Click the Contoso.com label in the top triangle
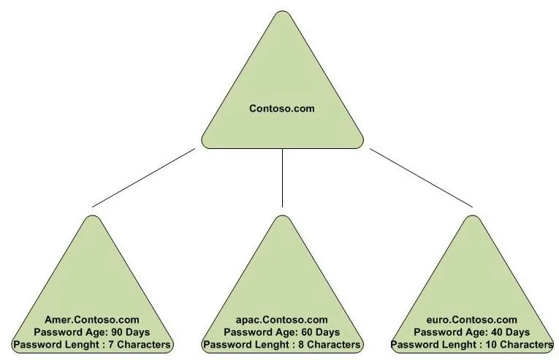[282, 108]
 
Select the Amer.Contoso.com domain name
[92, 320]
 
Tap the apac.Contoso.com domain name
[281, 320]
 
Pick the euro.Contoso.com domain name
[471, 320]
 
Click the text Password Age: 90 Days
[92, 332]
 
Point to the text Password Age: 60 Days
[281, 332]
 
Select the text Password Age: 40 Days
[471, 332]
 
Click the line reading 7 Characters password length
[92, 345]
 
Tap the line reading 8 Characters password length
[281, 345]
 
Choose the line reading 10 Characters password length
[472, 345]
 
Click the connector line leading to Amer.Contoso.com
[144, 177]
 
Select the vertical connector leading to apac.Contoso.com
[282, 178]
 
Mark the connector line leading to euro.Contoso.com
[422, 177]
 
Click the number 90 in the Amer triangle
[118, 332]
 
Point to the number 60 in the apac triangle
[308, 332]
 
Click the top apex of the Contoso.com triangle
[282, 11]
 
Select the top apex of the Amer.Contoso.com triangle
[92, 215]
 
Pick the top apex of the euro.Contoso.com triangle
[472, 215]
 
